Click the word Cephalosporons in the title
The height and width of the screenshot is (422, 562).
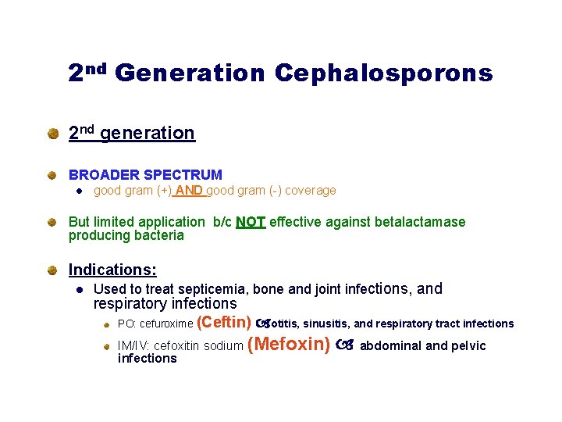[383, 73]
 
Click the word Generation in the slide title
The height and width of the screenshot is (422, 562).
[190, 73]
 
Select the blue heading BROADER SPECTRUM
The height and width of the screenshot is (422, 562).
[145, 175]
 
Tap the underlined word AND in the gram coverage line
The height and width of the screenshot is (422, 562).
[190, 191]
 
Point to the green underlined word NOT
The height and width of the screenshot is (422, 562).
[251, 222]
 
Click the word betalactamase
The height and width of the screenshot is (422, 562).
[420, 222]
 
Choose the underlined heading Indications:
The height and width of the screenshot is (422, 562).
[112, 270]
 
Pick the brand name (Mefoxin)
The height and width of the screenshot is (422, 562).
[288, 345]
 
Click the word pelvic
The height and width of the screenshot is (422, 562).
[468, 346]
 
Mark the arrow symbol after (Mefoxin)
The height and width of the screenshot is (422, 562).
[344, 345]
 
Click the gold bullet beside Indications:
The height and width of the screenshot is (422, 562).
[52, 270]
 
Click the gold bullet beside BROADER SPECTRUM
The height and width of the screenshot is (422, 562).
[52, 176]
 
